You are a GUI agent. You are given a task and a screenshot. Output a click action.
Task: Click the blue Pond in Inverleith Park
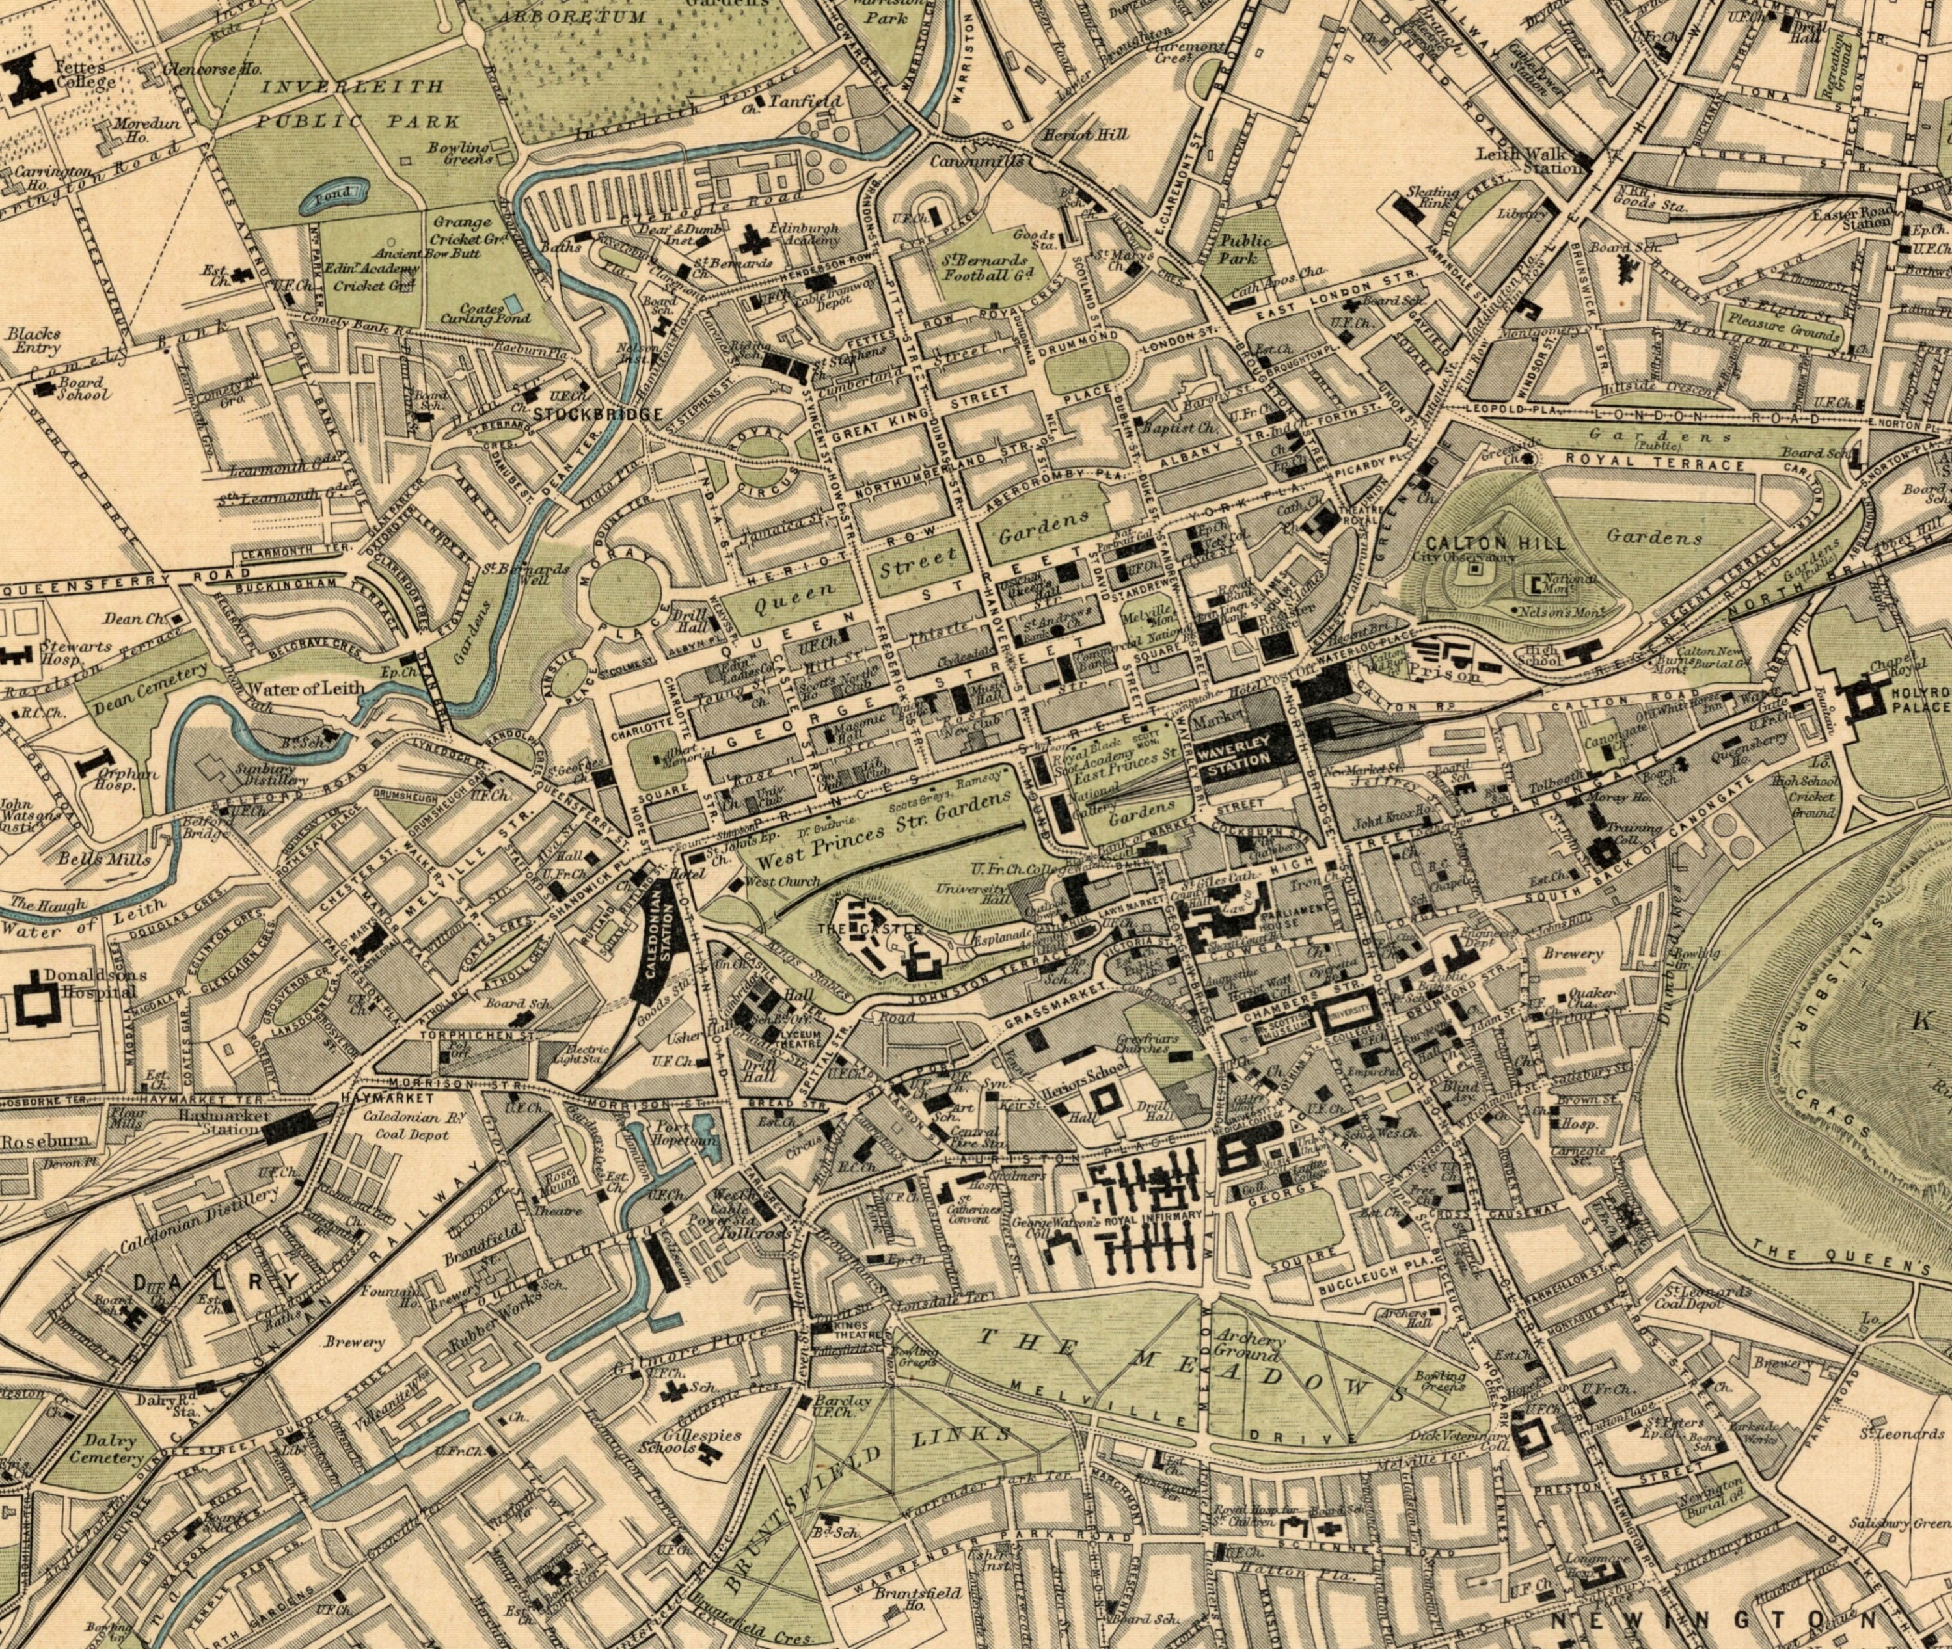[x=334, y=193]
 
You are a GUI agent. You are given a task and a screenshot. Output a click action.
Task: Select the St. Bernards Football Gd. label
[x=985, y=267]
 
